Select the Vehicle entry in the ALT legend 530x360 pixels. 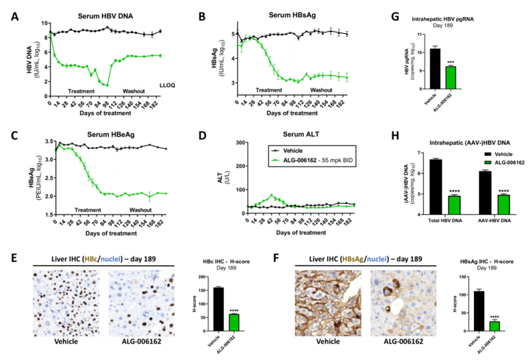[x=291, y=149]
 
